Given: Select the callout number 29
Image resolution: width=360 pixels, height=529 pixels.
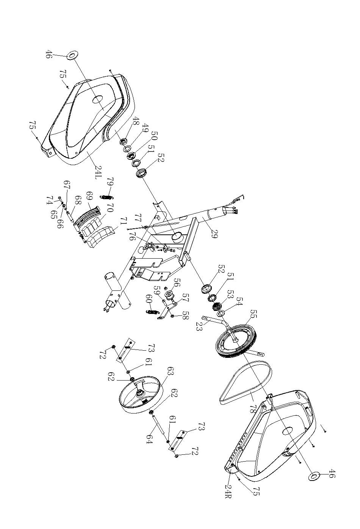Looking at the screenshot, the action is [x=213, y=233].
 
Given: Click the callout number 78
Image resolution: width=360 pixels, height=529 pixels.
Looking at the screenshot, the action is [x=252, y=407].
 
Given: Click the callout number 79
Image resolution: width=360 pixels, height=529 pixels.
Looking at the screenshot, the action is [x=110, y=183].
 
